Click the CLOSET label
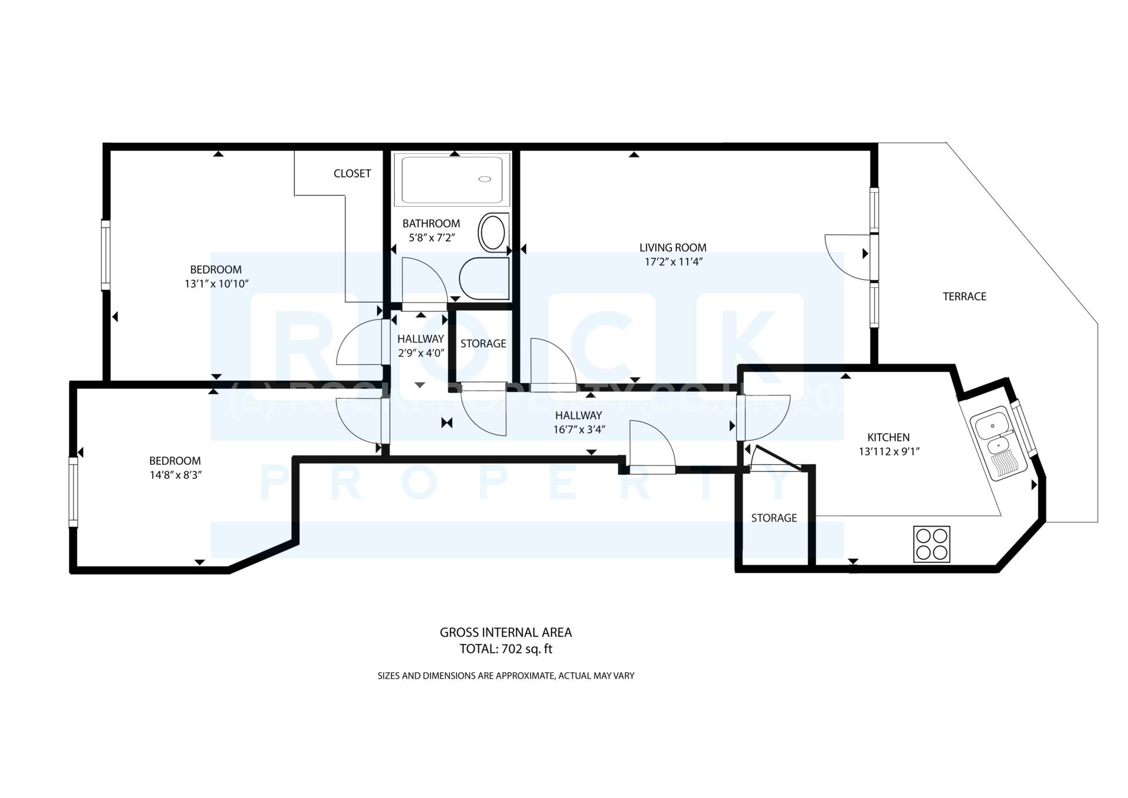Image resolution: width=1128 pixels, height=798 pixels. pos(352,173)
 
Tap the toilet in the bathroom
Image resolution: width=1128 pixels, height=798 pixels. pos(484,279)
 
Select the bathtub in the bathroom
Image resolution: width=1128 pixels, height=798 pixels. pos(452,179)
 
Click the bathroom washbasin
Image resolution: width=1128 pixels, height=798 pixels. pos(492,233)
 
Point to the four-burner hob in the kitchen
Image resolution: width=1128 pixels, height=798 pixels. pos(931,544)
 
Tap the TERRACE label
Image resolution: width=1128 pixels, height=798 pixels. pos(964,297)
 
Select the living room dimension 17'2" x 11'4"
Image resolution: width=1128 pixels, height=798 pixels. pos(673,262)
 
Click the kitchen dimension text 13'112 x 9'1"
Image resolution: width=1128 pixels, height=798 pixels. pos(889,452)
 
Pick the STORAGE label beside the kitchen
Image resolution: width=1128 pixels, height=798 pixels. pos(774,518)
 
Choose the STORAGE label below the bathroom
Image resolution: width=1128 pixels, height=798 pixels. pos(483,344)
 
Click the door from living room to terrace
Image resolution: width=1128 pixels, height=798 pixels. pos(846,255)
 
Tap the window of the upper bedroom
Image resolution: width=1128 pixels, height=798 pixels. pos(106,255)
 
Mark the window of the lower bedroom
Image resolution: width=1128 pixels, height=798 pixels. pos(73,492)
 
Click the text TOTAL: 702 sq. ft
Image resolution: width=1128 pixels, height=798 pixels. pos(505,649)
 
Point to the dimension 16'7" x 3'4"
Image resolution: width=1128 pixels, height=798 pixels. pos(579,430)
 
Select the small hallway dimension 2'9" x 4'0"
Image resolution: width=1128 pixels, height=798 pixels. pos(421,353)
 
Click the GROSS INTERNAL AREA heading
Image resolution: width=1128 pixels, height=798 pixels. pos(505,633)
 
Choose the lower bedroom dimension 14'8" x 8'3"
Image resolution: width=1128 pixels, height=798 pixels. pos(175,475)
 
